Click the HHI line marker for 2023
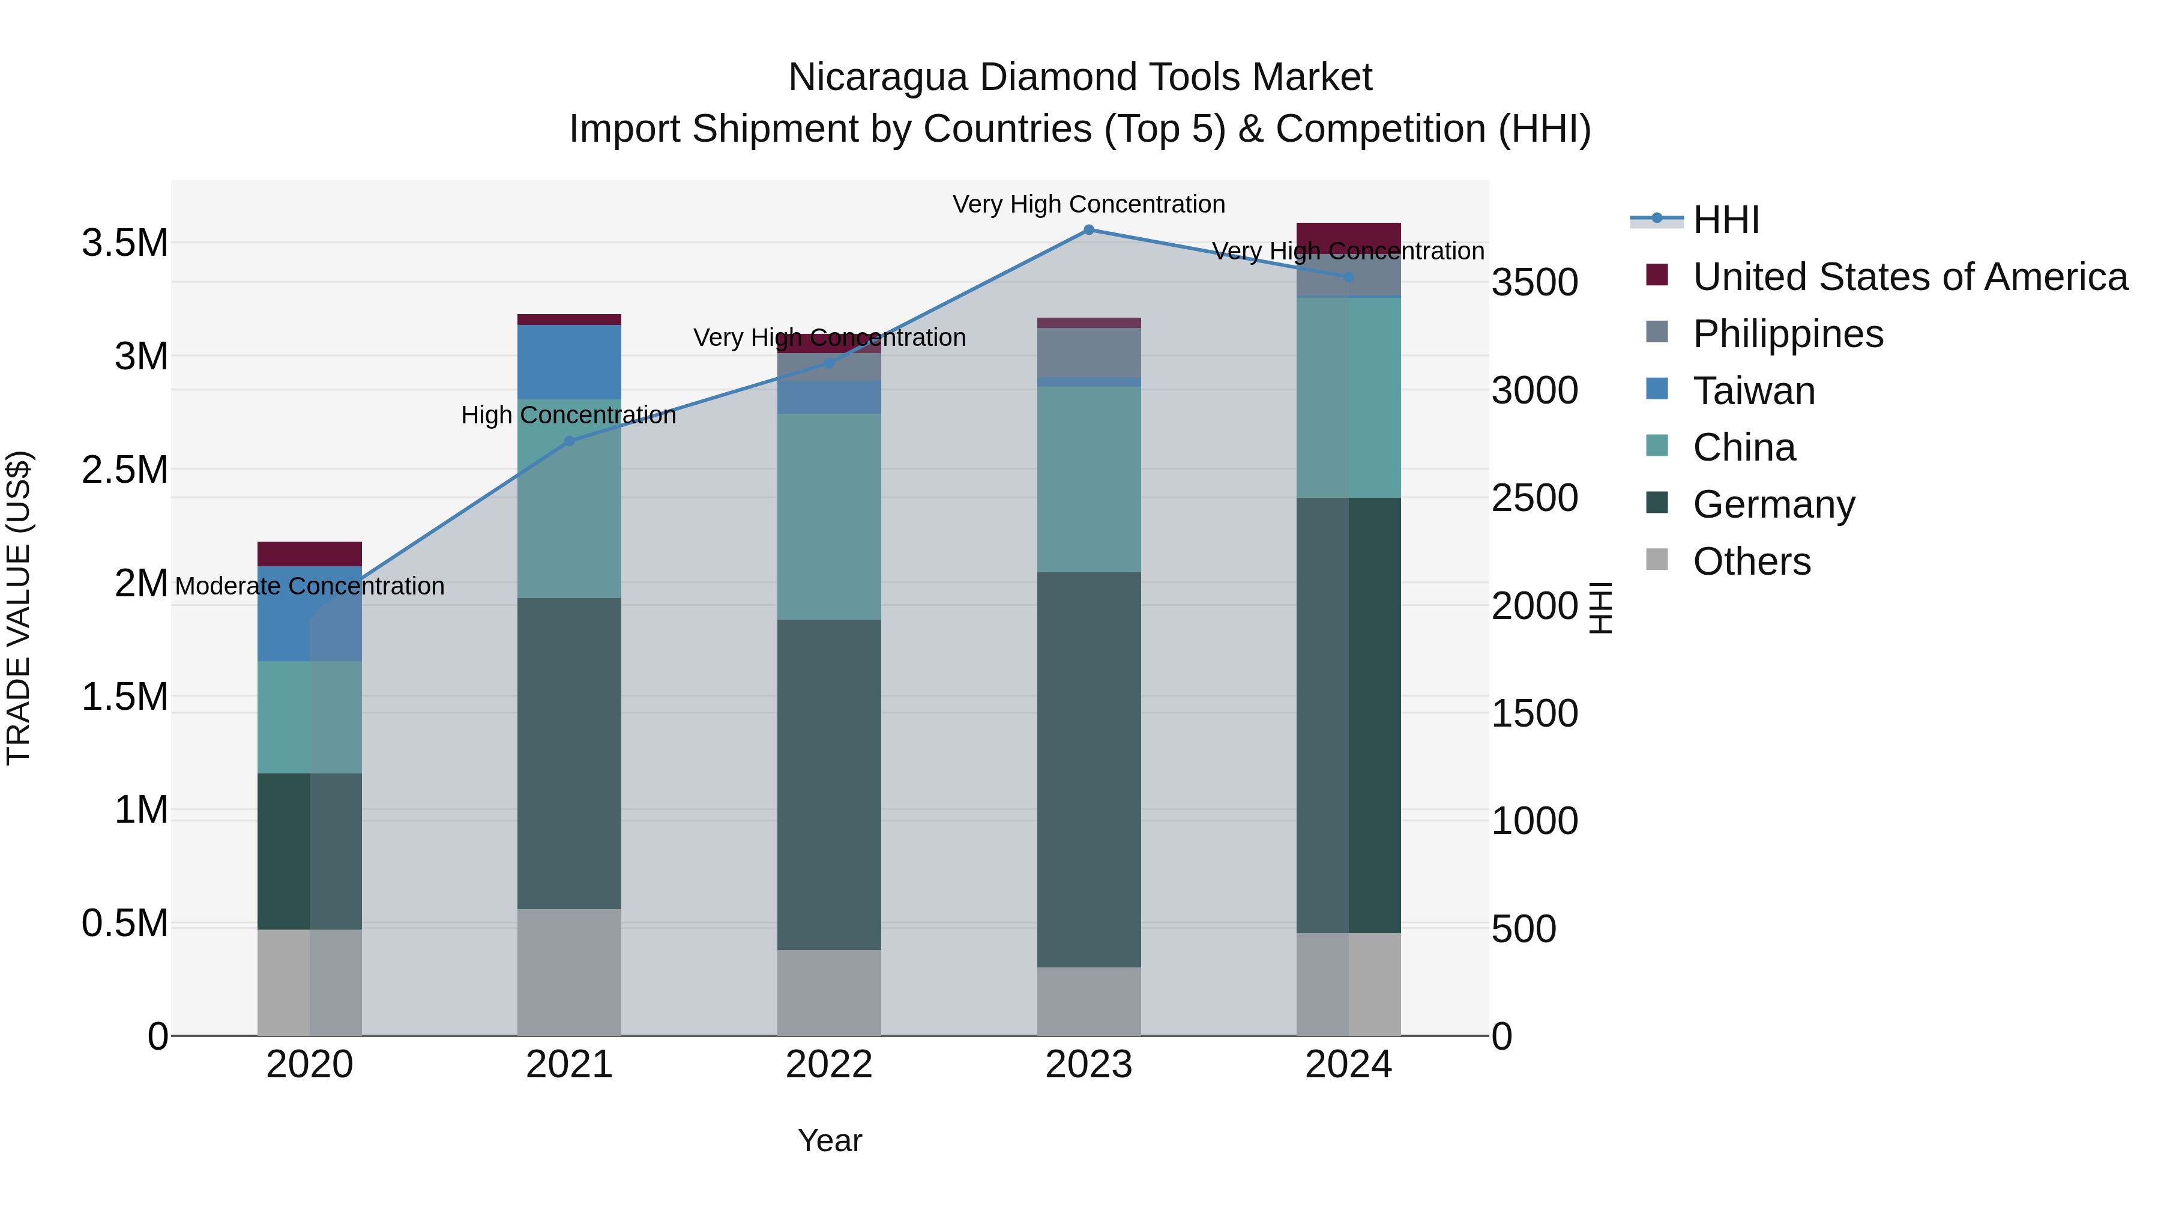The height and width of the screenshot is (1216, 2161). [x=1088, y=230]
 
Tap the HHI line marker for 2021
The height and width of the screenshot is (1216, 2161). [x=569, y=441]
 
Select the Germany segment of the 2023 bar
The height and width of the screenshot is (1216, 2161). [x=1088, y=770]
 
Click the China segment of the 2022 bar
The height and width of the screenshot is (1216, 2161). [x=829, y=516]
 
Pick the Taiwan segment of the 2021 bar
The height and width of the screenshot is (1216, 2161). [x=569, y=361]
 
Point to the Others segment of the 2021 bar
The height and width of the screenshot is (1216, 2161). [x=569, y=972]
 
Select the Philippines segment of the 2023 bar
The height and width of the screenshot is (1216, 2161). [x=1088, y=352]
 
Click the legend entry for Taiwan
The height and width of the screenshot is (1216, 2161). [x=1753, y=391]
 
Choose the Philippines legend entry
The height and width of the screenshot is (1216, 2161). [x=1788, y=334]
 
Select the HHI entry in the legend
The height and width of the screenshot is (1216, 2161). [x=1726, y=220]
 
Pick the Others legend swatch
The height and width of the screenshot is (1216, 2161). [x=1657, y=560]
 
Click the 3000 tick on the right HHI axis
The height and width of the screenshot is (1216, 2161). [x=1534, y=390]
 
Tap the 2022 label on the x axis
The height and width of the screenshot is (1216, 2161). [x=829, y=1065]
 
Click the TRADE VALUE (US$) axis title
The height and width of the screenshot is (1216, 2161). [x=19, y=608]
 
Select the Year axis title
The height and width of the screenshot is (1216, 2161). [x=829, y=1140]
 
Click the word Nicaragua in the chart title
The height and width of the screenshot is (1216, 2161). [x=878, y=77]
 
